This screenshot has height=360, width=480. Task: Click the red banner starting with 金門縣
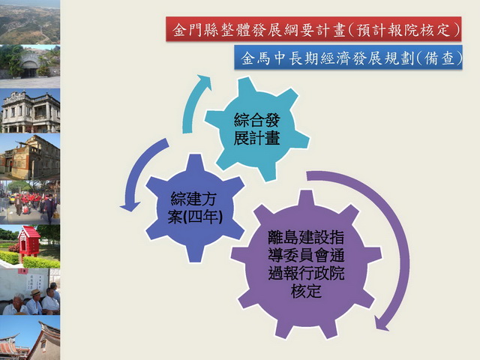click(313, 29)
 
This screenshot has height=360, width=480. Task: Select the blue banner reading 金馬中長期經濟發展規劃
click(348, 58)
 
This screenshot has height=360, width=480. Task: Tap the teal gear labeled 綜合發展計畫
click(256, 129)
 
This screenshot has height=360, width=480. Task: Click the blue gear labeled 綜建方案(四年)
click(195, 208)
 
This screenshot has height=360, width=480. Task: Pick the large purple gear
click(306, 264)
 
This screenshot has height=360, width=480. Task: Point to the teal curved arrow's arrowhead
click(204, 81)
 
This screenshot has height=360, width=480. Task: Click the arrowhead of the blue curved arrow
click(130, 206)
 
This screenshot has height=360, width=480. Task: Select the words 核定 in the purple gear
click(306, 291)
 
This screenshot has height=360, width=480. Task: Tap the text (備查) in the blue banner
click(439, 58)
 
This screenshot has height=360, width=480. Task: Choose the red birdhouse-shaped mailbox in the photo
click(28, 241)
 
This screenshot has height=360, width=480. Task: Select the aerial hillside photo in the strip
click(30, 22)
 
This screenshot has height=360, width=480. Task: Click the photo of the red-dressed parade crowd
click(30, 202)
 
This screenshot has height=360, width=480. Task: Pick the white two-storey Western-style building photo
click(30, 110)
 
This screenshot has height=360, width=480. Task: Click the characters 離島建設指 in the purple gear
click(306, 237)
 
